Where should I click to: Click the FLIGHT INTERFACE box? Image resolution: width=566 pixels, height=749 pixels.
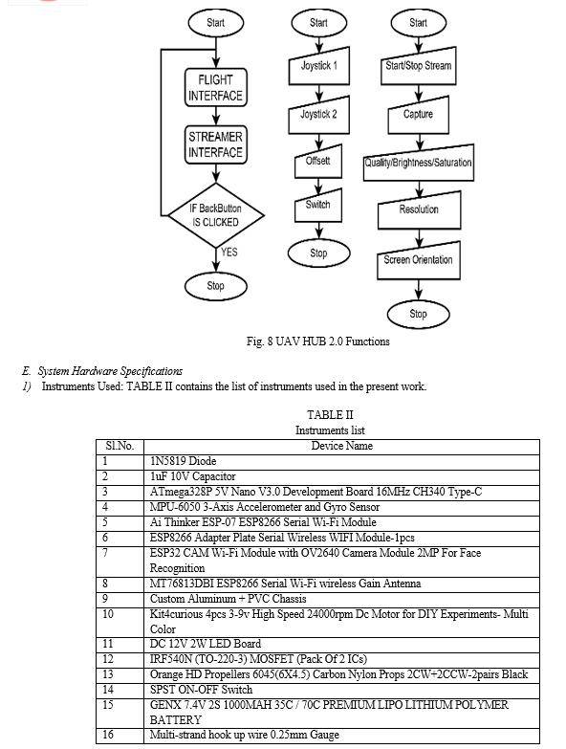click(x=216, y=87)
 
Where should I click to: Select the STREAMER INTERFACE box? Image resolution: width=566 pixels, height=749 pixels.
click(x=216, y=144)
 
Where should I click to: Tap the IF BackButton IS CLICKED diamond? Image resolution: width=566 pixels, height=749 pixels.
click(x=216, y=215)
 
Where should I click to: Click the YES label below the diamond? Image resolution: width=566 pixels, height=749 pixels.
click(x=229, y=253)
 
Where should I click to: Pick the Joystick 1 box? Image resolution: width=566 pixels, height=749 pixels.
click(x=318, y=66)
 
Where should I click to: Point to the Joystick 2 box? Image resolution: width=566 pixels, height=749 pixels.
click(x=318, y=115)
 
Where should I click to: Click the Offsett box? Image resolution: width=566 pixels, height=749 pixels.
click(x=317, y=161)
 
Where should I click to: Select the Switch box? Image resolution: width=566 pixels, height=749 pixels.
click(x=317, y=206)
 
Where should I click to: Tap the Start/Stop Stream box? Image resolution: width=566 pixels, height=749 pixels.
click(x=419, y=66)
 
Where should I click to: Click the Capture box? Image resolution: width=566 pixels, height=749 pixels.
click(x=418, y=115)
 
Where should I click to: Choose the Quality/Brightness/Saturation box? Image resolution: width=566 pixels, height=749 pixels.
click(x=419, y=163)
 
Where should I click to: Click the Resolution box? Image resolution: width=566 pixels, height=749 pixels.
click(x=419, y=210)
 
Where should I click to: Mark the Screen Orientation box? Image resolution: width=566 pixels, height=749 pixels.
click(x=419, y=260)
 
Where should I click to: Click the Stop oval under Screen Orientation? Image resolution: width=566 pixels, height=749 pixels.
click(x=418, y=314)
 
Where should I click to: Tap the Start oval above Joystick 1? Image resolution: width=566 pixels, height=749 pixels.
click(x=318, y=23)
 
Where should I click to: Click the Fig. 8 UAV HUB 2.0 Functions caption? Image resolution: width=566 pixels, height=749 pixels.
click(x=317, y=341)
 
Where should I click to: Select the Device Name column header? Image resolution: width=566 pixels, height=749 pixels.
click(x=341, y=446)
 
